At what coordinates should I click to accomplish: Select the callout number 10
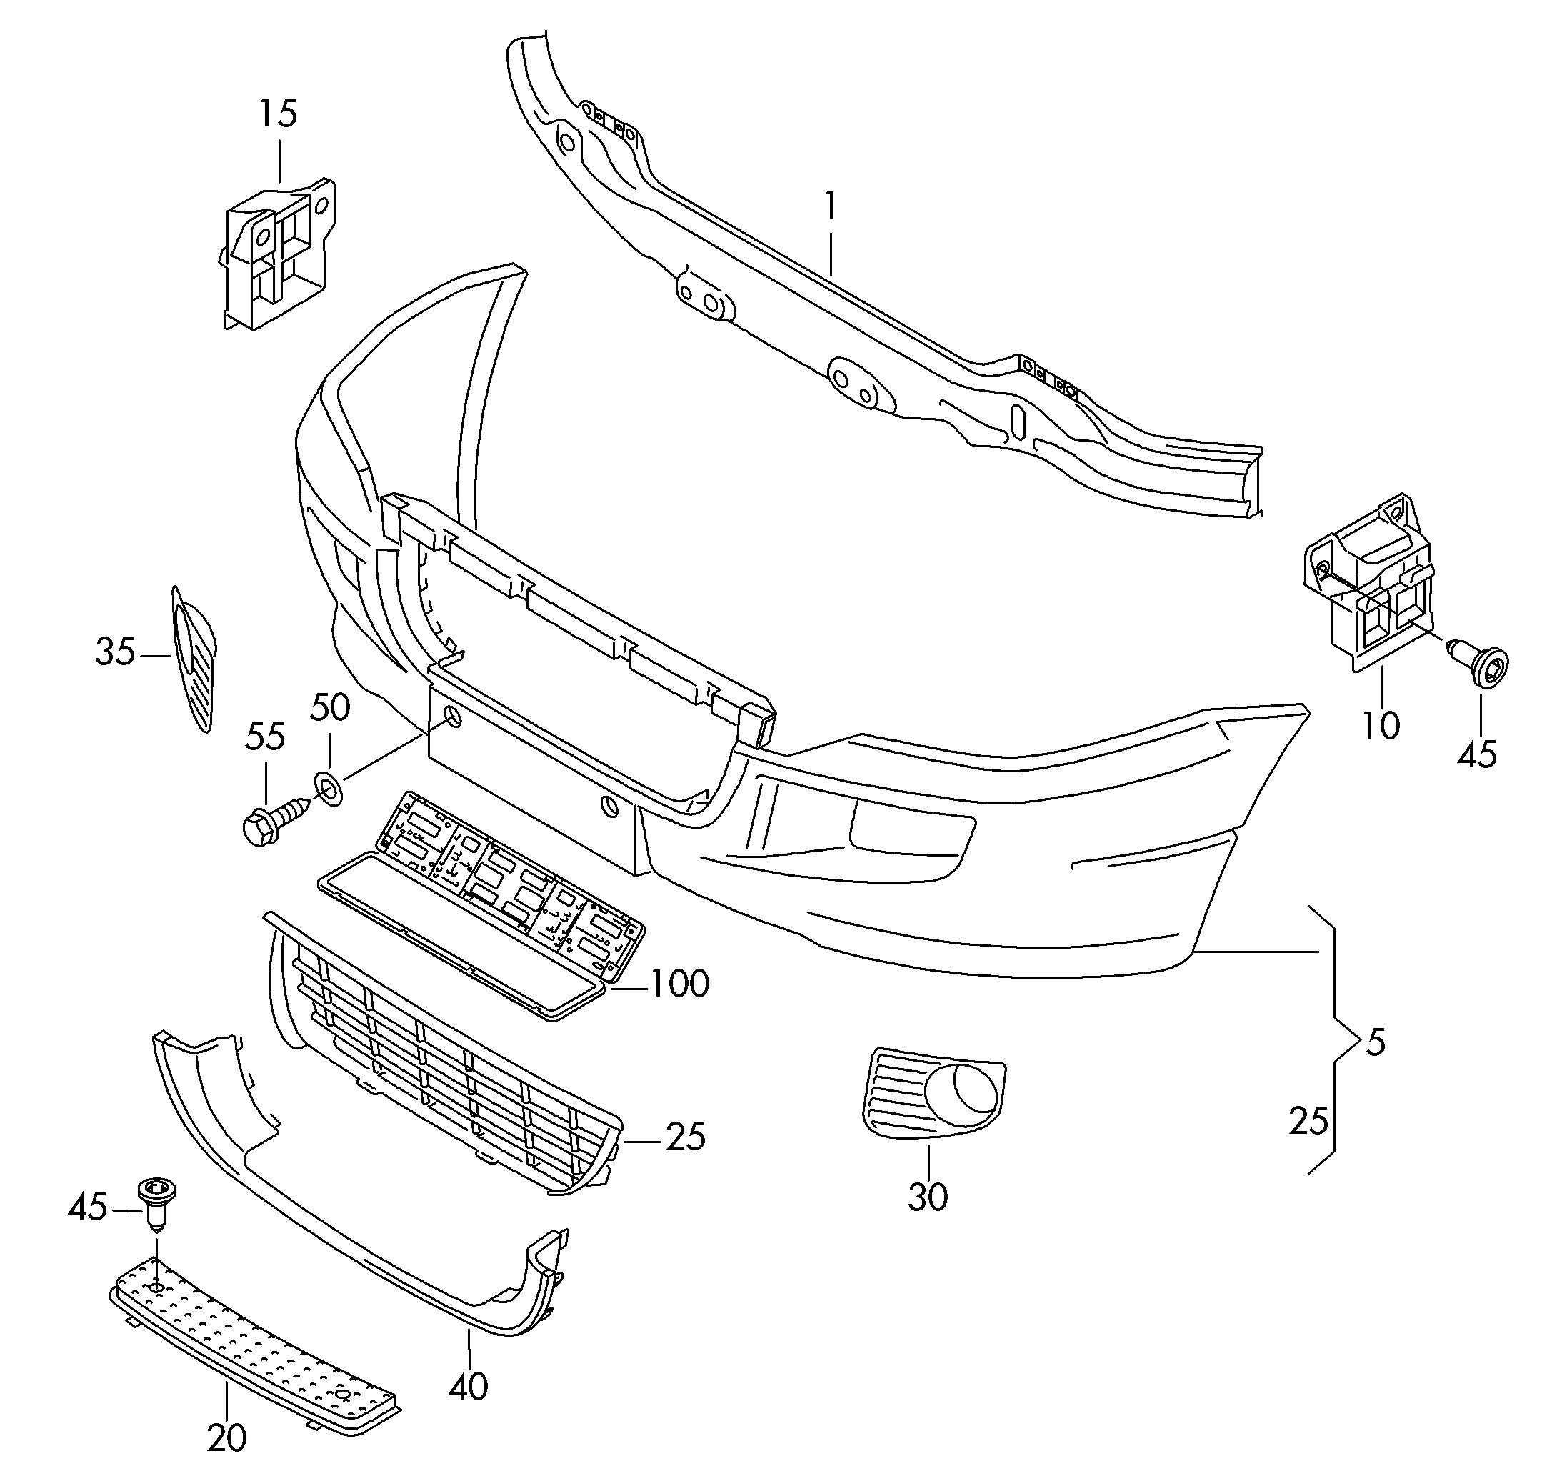(x=1381, y=725)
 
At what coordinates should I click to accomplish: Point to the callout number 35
(x=115, y=652)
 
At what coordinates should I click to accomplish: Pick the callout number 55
(x=265, y=737)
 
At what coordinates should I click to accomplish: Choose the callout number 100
(x=680, y=983)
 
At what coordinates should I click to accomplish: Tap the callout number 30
(x=928, y=1197)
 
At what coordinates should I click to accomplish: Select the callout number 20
(x=226, y=1437)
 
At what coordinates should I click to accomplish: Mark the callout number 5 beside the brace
(x=1376, y=1043)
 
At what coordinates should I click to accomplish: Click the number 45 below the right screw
(x=1477, y=754)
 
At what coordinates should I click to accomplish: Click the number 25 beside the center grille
(x=686, y=1136)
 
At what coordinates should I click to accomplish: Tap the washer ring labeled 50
(x=328, y=789)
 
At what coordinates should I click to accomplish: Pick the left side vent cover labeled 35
(x=194, y=658)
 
